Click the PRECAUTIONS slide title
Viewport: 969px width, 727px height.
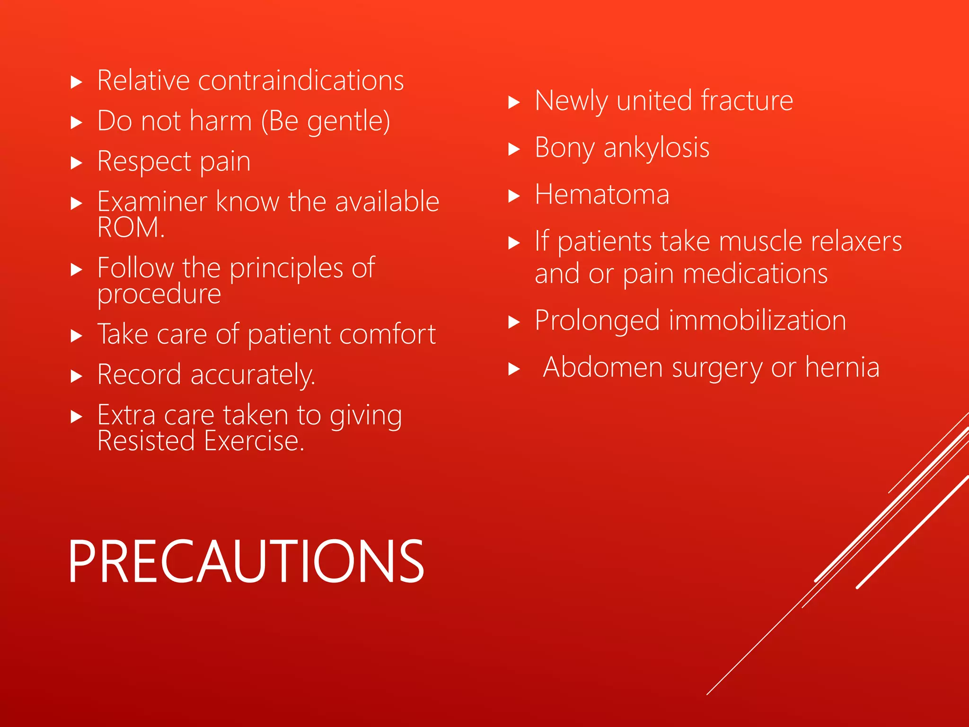tap(246, 562)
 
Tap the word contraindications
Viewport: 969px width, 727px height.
tap(301, 80)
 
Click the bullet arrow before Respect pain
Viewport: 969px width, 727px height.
tap(76, 164)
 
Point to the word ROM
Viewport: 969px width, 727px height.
tap(130, 228)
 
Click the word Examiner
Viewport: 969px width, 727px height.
tap(152, 202)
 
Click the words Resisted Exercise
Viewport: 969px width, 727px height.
tap(200, 441)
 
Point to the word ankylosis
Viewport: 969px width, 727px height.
tap(656, 148)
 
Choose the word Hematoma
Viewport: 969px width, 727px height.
tap(602, 195)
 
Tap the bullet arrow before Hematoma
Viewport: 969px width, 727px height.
tap(514, 196)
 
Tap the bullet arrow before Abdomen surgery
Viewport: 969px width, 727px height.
tap(514, 369)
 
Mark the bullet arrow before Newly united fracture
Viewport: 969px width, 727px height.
tap(514, 103)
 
